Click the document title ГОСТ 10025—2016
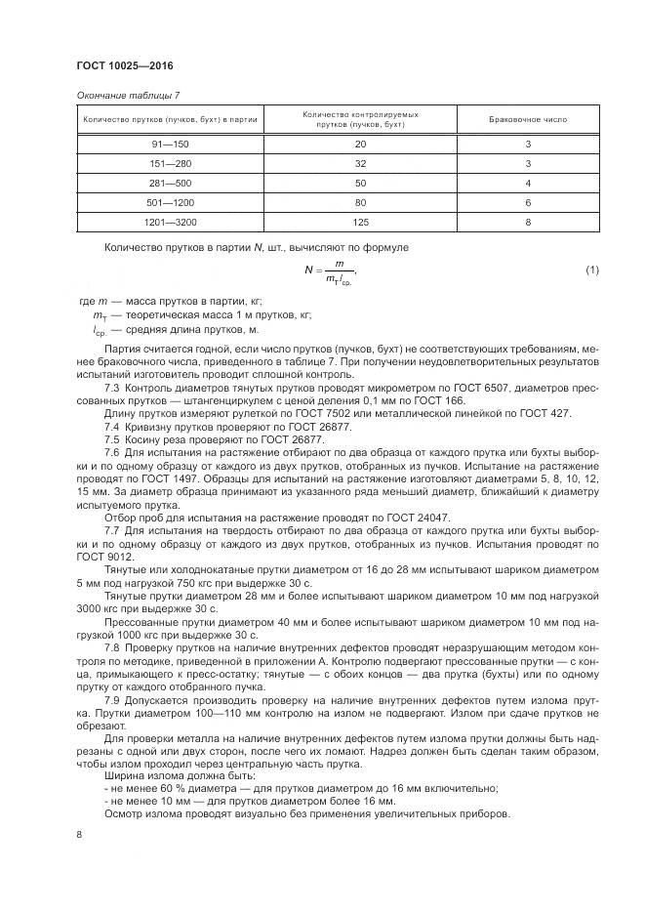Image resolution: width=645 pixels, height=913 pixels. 124,65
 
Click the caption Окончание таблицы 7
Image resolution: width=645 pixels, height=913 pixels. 127,95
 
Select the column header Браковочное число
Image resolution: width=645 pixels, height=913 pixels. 527,119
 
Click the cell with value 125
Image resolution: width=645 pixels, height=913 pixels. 360,223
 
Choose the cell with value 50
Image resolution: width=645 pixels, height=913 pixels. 360,184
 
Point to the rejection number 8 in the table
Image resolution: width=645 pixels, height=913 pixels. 527,223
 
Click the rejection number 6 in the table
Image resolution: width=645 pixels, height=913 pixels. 527,203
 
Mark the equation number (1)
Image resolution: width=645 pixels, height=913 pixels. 591,270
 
